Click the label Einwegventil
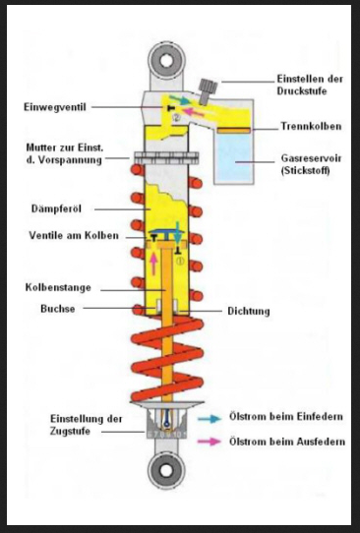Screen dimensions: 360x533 [x=55, y=107]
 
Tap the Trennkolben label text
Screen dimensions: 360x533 [x=311, y=127]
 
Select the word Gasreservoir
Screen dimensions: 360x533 [x=311, y=158]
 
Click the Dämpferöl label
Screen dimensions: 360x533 [x=56, y=208]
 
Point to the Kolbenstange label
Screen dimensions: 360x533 [x=58, y=287]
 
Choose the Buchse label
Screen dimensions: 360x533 [x=58, y=309]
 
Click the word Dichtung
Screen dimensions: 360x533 [x=249, y=311]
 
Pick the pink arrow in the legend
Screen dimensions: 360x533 [x=210, y=442]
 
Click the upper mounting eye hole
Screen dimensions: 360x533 [x=166, y=61]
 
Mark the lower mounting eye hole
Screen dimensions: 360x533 [x=166, y=471]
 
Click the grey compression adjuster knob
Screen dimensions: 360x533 [x=208, y=90]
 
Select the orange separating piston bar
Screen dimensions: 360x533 [x=234, y=130]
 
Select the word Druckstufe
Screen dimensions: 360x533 [x=302, y=91]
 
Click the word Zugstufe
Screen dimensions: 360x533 [x=70, y=432]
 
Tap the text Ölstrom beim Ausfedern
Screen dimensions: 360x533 [x=287, y=442]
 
